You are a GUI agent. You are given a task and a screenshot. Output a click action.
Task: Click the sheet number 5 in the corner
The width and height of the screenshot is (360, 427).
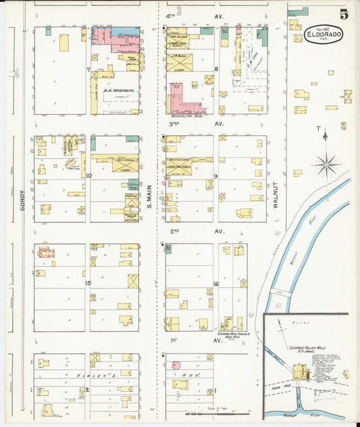(x=344, y=14)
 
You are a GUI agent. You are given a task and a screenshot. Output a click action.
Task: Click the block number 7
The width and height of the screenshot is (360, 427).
(x=88, y=70)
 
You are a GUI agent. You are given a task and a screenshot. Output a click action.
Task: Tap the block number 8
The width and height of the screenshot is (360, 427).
(x=216, y=69)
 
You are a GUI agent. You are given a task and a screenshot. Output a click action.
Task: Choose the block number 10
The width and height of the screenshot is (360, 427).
(x=88, y=176)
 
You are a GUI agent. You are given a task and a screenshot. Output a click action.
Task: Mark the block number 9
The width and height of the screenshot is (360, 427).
(x=215, y=176)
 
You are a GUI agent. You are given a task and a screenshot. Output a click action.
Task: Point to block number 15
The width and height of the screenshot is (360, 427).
(x=88, y=282)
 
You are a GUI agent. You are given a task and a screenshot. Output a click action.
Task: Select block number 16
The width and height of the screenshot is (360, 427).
(x=215, y=284)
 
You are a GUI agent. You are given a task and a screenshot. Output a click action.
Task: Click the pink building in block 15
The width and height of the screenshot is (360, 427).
(x=45, y=253)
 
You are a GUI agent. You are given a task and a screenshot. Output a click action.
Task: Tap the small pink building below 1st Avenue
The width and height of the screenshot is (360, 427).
(x=176, y=366)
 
